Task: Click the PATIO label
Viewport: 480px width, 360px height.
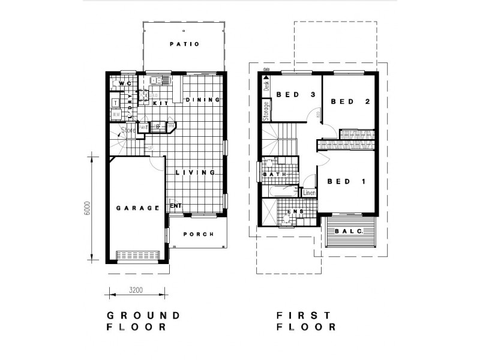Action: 184,44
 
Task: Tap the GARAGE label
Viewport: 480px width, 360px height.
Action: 138,208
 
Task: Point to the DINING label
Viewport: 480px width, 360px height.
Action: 200,100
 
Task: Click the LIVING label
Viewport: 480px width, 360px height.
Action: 195,173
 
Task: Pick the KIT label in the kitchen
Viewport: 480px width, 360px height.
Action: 160,103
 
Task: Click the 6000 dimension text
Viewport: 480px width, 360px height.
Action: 87,208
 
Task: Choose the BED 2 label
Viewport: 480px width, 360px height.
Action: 350,101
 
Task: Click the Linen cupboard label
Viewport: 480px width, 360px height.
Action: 309,193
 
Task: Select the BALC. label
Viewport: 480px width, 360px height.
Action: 347,231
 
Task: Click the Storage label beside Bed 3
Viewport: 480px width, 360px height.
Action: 266,110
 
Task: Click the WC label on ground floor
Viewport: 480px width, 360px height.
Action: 125,83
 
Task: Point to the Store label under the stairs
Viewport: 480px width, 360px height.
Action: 128,130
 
